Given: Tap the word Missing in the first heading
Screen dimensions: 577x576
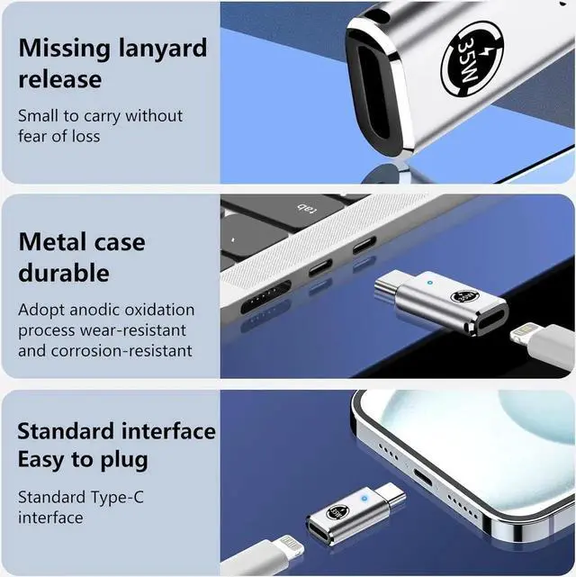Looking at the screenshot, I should [x=62, y=47].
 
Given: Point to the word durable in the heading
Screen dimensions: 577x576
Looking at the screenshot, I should [x=63, y=272].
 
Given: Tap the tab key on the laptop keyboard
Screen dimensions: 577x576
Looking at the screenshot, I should [x=307, y=211].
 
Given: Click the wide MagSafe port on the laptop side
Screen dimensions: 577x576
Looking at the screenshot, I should [x=265, y=297].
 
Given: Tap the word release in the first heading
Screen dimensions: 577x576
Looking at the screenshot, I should [x=59, y=79].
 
